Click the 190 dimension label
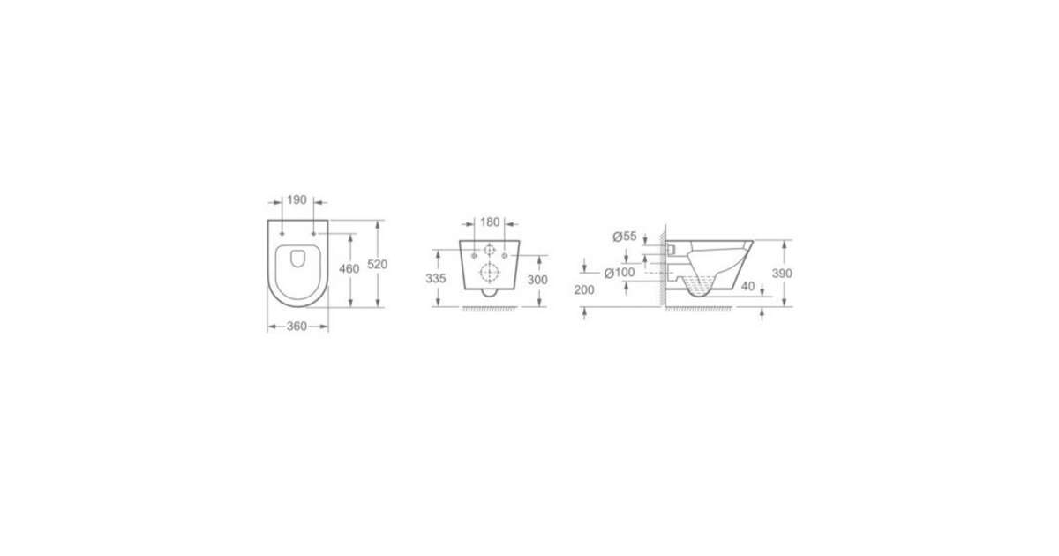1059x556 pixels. coord(297,200)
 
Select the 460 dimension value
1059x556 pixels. coord(349,268)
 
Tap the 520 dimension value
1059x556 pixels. coord(378,264)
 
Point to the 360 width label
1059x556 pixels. coord(297,327)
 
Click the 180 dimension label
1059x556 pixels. coord(490,222)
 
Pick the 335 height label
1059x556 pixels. coord(435,279)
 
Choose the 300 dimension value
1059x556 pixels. coord(537,280)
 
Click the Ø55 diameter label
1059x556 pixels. coord(625,237)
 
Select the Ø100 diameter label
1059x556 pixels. coord(620,273)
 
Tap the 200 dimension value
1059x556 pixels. coord(584,289)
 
